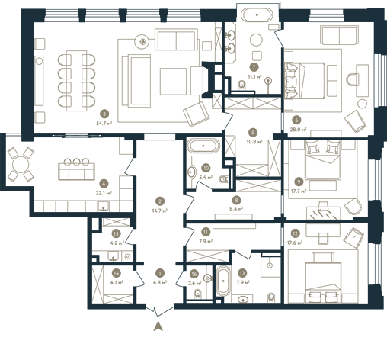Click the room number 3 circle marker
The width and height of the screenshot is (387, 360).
(104, 114)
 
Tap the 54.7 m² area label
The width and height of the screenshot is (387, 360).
(104, 124)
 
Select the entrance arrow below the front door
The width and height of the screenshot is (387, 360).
(158, 326)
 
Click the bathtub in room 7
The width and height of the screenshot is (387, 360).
(257, 15)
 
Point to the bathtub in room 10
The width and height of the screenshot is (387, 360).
(203, 146)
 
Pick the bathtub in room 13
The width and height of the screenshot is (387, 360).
(223, 281)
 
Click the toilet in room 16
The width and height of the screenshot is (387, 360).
(198, 294)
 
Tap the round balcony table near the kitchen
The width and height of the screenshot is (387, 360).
(21, 165)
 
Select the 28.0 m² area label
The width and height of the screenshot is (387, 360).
(298, 129)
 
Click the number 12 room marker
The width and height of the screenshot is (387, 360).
(295, 233)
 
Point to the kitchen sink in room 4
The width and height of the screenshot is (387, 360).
(104, 206)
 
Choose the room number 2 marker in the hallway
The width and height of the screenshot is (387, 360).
(160, 201)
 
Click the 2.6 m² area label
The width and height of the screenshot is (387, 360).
(196, 283)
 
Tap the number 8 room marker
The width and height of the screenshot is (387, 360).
(236, 200)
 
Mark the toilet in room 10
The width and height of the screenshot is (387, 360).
(224, 179)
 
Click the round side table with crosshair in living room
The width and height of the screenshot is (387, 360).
(143, 41)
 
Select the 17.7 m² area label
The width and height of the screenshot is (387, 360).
(299, 191)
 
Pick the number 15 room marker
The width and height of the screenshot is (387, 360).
(116, 233)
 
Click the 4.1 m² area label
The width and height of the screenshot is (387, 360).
(117, 282)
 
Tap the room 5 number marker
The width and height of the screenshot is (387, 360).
(253, 132)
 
